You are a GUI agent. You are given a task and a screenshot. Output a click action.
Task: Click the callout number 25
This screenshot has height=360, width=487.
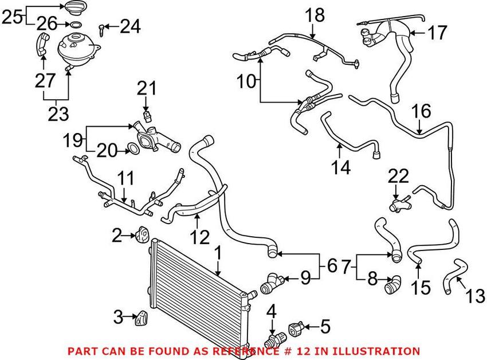[x=12, y=17]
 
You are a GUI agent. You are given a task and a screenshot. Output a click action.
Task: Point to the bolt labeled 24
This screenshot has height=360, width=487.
[x=101, y=30]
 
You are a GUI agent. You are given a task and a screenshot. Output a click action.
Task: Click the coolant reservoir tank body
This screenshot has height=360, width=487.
[x=78, y=49]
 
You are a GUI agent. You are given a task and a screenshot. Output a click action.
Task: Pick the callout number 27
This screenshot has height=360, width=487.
[x=45, y=80]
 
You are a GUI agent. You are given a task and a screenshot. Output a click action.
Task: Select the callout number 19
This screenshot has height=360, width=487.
[x=73, y=140]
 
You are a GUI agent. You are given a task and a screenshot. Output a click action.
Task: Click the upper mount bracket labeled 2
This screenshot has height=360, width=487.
[x=142, y=235]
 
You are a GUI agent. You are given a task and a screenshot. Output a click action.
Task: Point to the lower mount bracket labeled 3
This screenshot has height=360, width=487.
[x=142, y=318]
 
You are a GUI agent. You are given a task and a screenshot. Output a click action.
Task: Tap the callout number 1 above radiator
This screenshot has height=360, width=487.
[x=218, y=253]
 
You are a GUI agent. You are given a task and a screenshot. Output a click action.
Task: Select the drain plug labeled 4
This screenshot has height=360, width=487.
[x=274, y=341]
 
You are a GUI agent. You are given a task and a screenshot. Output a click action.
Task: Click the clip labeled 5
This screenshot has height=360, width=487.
[x=297, y=329]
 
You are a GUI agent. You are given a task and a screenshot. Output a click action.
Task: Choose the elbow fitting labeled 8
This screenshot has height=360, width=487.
[x=392, y=284]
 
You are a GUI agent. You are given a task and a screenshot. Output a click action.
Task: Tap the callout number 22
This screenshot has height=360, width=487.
[x=399, y=177]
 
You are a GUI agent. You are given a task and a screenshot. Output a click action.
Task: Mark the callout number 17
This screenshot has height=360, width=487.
[x=437, y=32]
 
